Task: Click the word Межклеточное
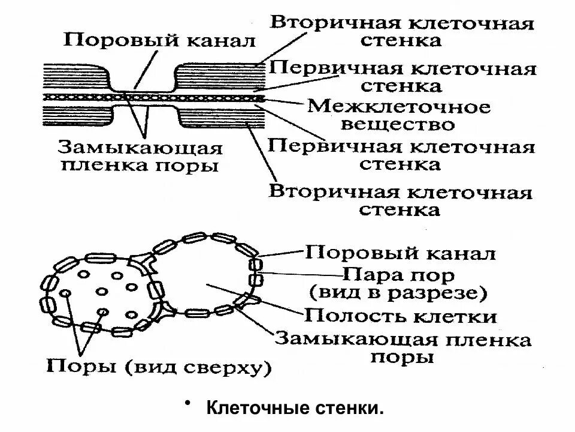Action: click(398, 107)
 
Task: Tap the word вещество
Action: click(398, 125)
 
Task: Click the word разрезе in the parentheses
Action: click(447, 294)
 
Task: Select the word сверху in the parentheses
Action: click(224, 365)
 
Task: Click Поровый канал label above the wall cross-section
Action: click(159, 41)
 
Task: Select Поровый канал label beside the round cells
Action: click(400, 253)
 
